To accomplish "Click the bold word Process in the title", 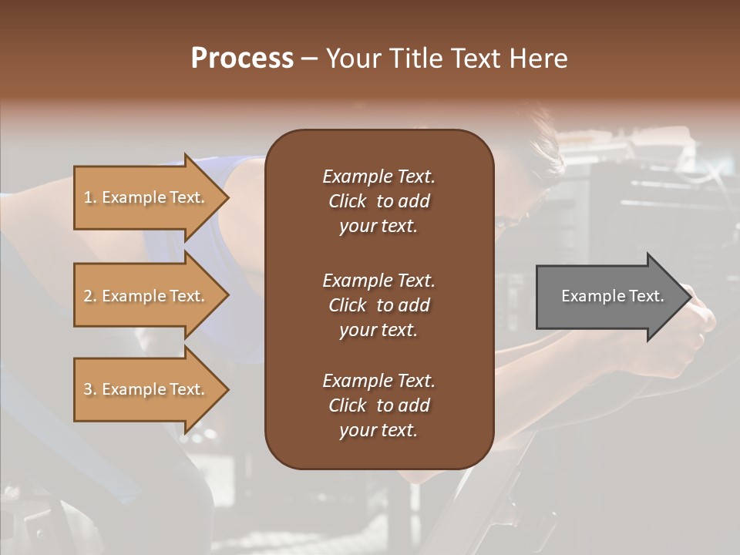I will [242, 59].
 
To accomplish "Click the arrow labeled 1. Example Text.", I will [146, 197].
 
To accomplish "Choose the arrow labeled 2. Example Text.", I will [146, 296].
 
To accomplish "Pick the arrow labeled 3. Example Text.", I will [146, 389].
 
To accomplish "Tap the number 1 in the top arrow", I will [88, 197].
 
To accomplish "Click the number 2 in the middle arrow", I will [88, 296].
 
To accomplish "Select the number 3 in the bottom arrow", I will [88, 389].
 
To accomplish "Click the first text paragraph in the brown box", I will [378, 201].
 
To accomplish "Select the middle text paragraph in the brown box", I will [378, 304].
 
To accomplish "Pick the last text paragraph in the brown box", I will [378, 405].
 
